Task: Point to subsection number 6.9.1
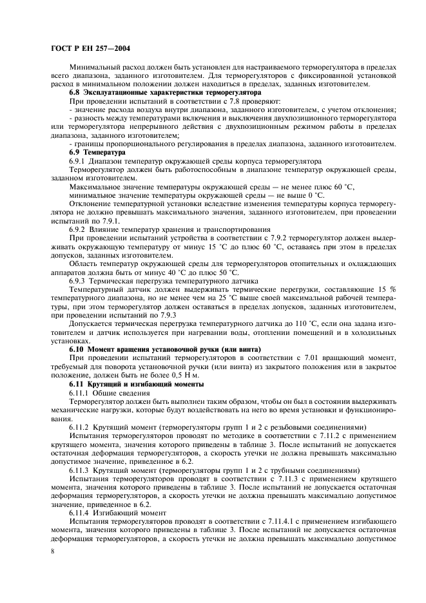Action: tap(79, 160)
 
